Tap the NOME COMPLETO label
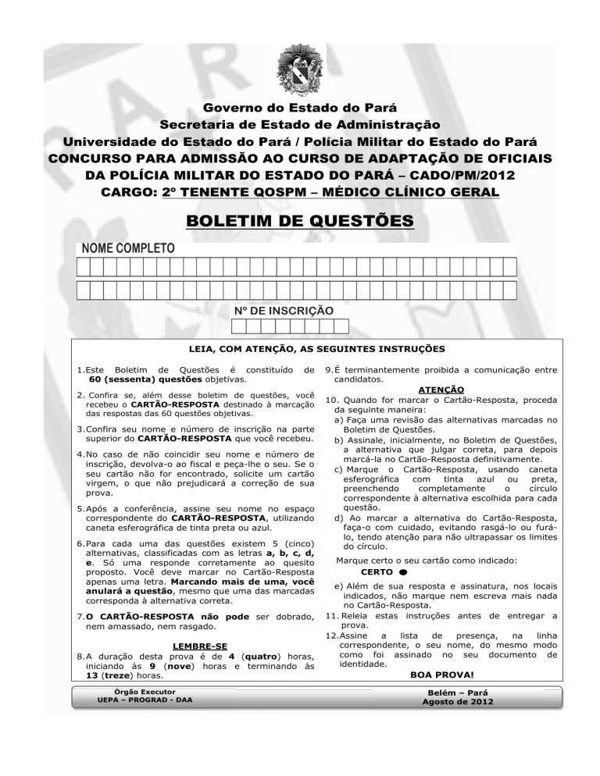(126, 249)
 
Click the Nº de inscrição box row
(289, 328)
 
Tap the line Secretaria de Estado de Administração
(299, 125)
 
